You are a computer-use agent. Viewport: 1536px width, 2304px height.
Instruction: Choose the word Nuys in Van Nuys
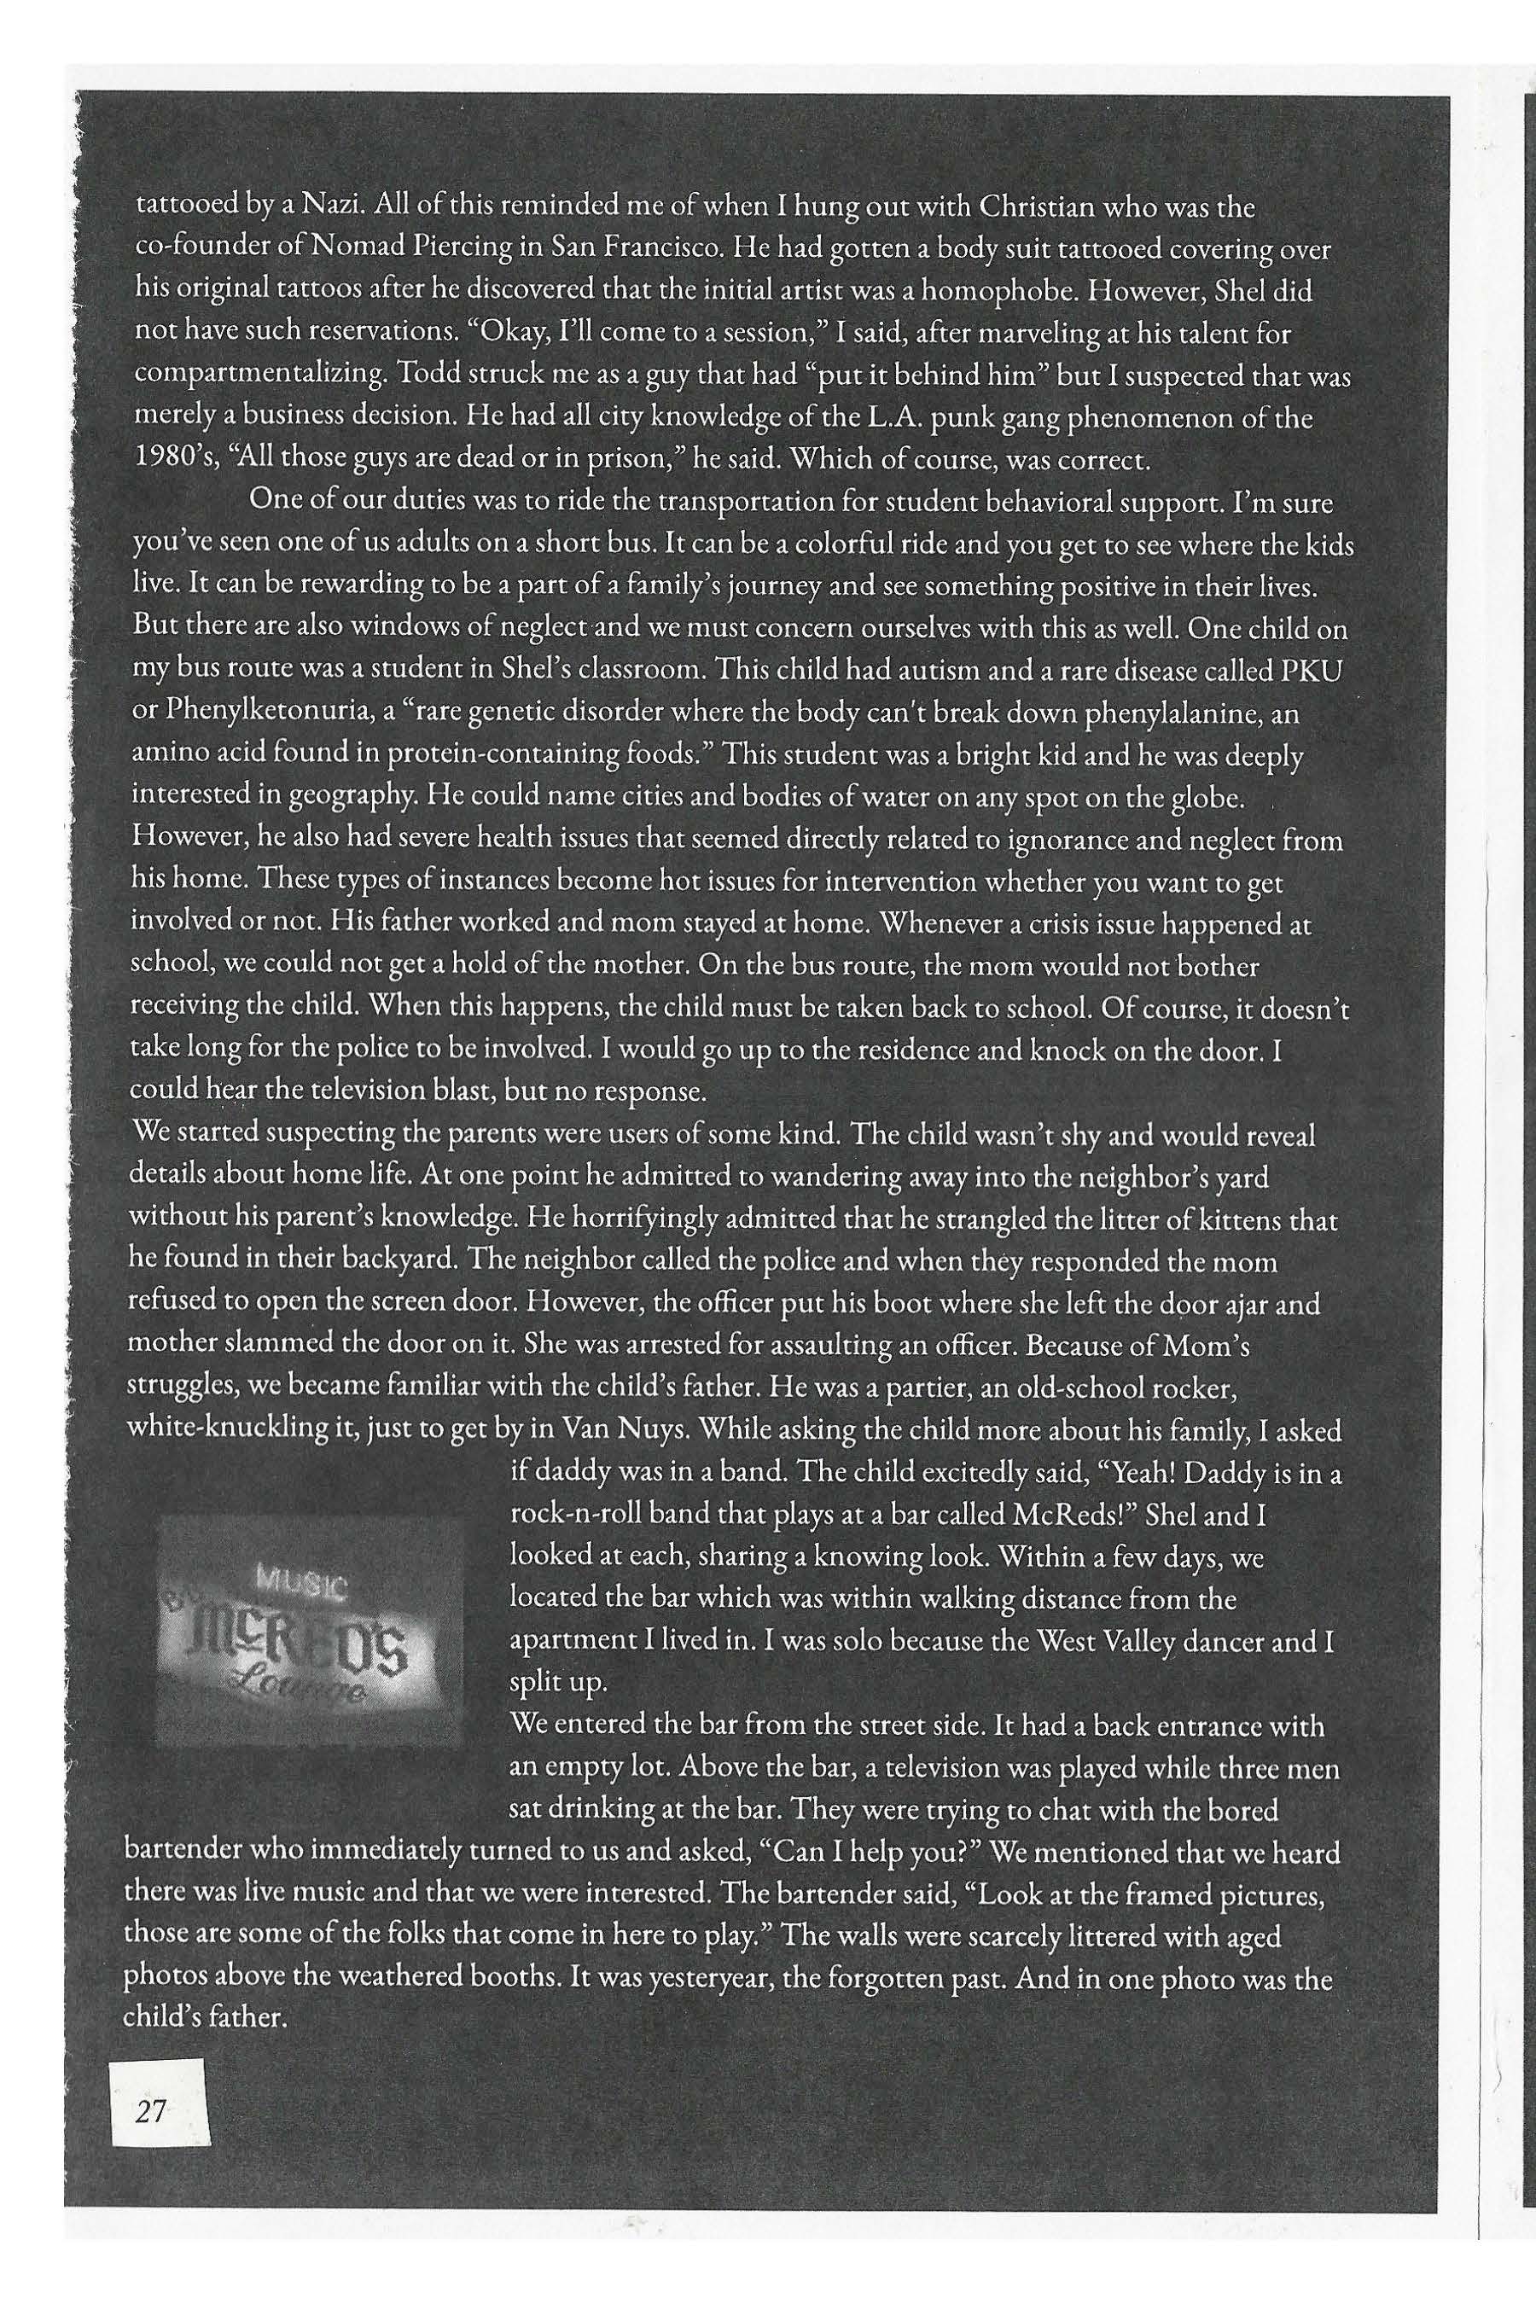pos(661,1430)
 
